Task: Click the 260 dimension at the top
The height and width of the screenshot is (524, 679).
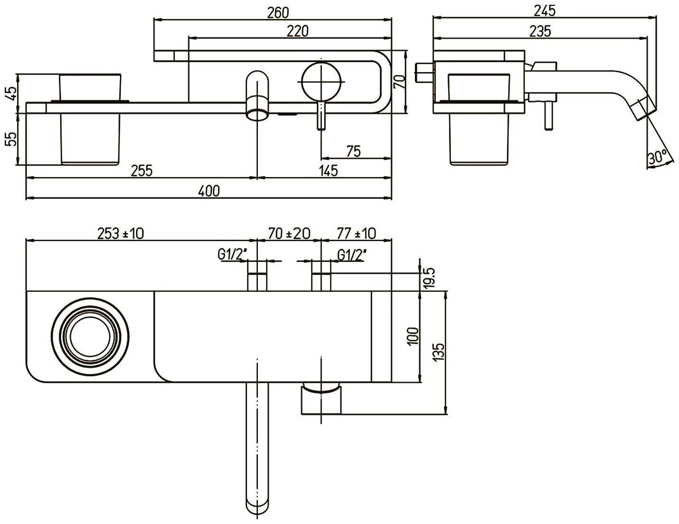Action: click(278, 13)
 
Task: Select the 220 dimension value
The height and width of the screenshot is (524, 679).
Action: click(297, 31)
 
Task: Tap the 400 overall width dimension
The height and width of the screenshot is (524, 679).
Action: click(209, 191)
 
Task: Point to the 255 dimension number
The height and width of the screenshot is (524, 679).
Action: click(142, 171)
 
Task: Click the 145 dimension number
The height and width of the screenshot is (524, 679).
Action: click(329, 171)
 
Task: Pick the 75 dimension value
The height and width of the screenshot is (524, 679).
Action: click(353, 151)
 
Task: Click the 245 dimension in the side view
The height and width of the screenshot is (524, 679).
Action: click(545, 11)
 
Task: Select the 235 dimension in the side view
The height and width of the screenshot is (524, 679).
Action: click(540, 31)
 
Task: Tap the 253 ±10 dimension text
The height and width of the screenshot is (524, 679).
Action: click(120, 233)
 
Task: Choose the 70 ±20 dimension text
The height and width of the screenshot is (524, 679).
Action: click(289, 233)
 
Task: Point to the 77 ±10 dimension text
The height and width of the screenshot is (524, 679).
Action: click(357, 233)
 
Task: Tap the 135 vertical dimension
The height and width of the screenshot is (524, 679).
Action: click(439, 352)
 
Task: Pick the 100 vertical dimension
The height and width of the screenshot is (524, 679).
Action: click(413, 336)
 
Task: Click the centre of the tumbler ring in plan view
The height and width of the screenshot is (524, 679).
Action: click(90, 337)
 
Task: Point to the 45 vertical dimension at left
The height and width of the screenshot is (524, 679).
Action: click(11, 93)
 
